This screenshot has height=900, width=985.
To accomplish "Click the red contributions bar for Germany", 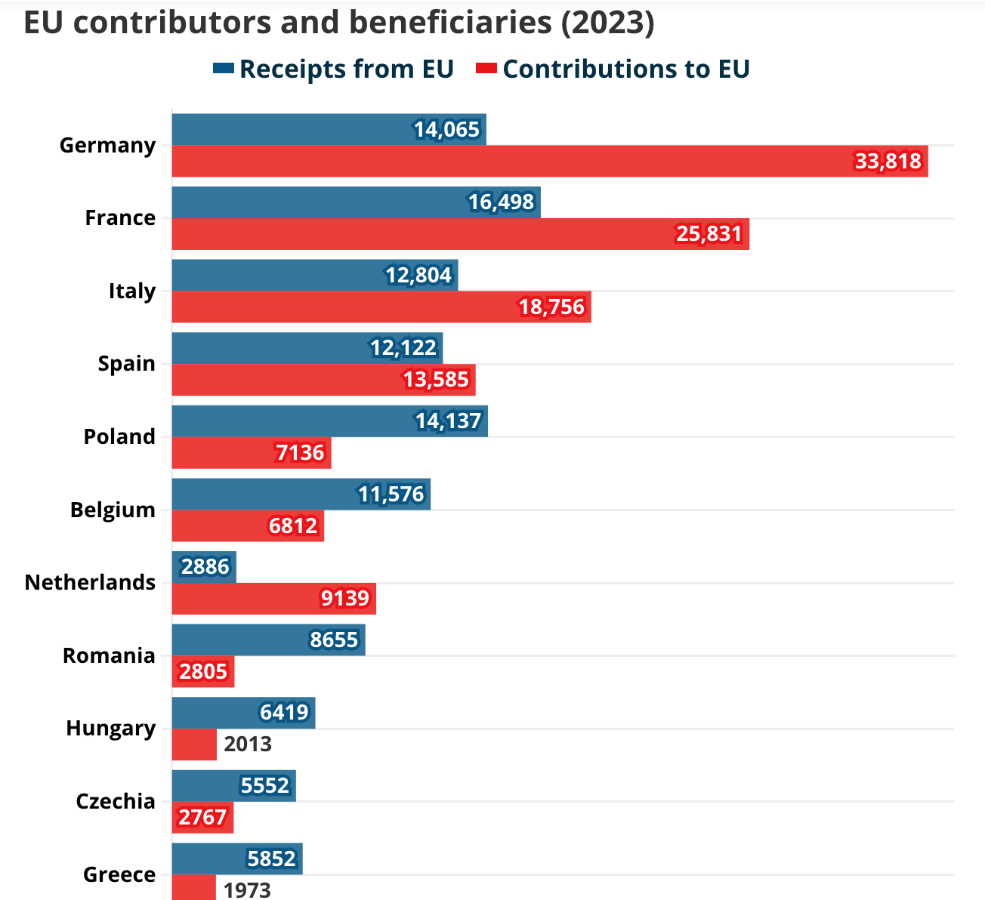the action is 550,161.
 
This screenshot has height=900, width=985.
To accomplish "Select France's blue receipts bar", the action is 356,202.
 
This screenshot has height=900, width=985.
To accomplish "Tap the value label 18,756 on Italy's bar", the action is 552,307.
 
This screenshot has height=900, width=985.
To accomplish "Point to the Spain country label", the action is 127,364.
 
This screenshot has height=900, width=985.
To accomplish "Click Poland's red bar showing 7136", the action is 252,453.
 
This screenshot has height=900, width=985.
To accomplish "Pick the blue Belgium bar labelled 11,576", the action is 301,494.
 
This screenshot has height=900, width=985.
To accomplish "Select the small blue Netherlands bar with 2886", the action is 204,566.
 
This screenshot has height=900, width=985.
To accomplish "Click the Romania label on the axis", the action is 109,655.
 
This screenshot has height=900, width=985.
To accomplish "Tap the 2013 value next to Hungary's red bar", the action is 248,744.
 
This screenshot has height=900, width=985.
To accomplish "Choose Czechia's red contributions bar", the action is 202,818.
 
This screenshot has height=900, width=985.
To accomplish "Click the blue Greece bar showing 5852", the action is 237,858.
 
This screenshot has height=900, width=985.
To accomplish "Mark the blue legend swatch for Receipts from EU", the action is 224,68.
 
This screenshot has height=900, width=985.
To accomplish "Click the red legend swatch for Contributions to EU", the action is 486,68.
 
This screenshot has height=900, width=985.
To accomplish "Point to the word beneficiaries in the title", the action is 450,23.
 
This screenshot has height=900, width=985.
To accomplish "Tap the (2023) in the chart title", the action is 608,23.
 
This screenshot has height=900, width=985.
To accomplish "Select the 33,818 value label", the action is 888,161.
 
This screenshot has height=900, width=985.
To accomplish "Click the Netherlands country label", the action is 90,582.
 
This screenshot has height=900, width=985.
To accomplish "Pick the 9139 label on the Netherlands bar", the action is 344,599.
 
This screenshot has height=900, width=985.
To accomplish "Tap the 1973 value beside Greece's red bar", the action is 247,890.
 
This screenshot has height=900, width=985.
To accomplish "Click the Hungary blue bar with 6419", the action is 243,713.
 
